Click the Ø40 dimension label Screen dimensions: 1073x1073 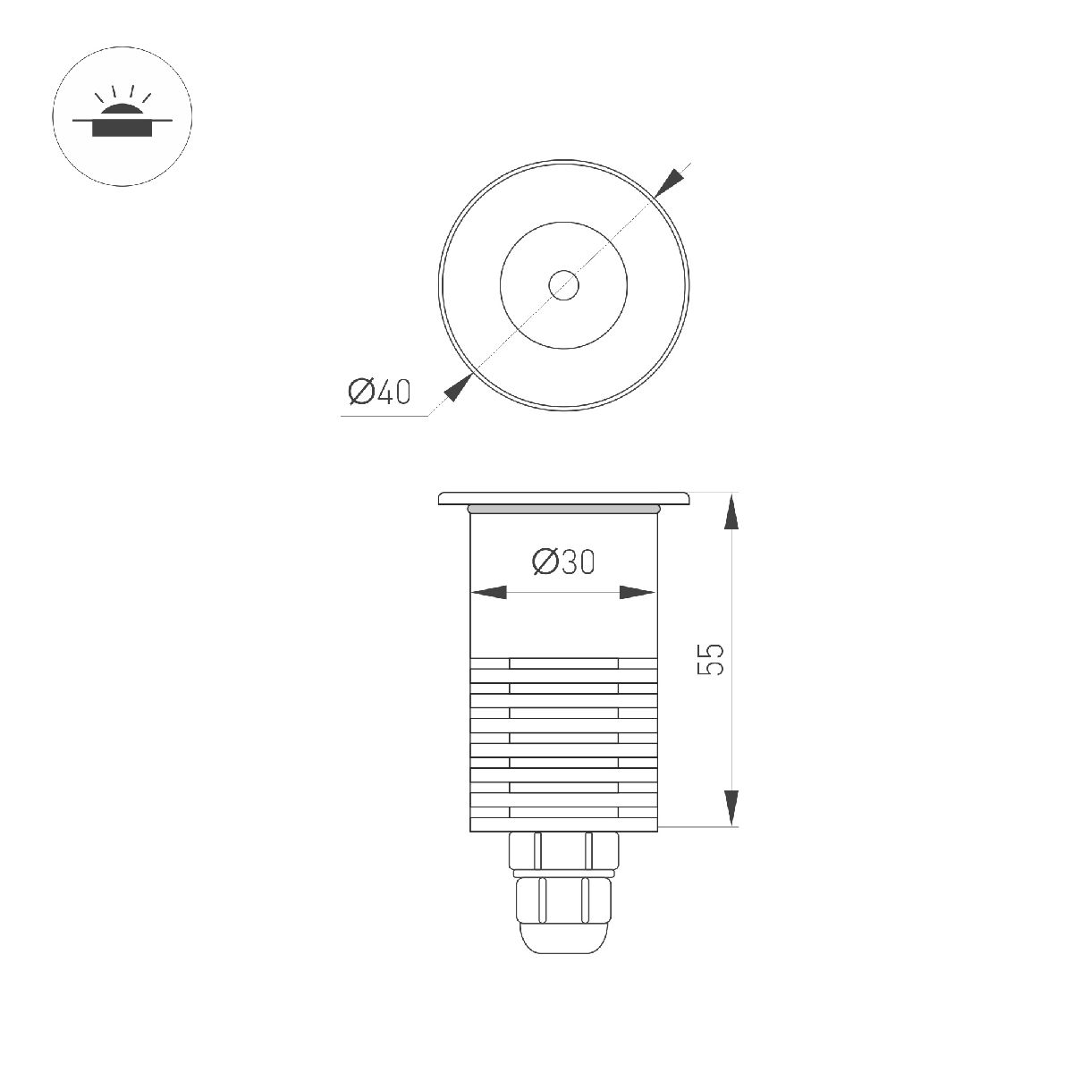[379, 392]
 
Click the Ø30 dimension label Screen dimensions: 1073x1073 [562, 562]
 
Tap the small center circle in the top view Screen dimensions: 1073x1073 [563, 286]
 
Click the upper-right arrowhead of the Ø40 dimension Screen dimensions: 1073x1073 [669, 182]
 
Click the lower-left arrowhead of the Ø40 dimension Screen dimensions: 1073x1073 [458, 390]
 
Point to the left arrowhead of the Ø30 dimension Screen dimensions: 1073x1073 [488, 593]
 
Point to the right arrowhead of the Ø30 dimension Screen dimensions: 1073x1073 [638, 593]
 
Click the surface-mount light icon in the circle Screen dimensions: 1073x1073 [123, 117]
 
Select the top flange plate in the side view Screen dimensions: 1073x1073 [563, 497]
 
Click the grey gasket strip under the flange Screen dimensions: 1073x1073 [563, 509]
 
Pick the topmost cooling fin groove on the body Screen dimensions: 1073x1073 [563, 663]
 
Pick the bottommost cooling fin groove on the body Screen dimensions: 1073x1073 [563, 812]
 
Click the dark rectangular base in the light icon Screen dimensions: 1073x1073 [123, 130]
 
